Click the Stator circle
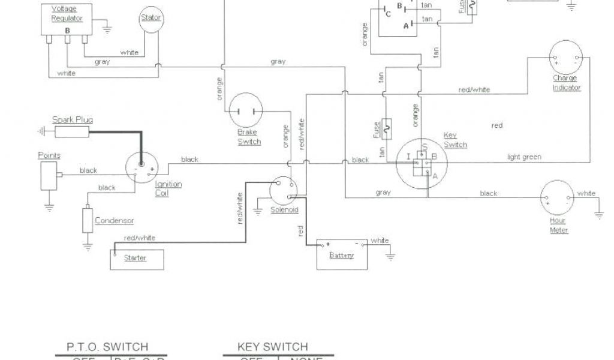151,20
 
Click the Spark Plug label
72,120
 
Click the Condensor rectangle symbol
88,221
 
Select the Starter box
136,257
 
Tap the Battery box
341,255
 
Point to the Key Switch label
455,140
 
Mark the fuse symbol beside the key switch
387,127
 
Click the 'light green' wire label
524,157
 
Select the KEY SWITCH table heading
272,347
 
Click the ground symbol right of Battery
391,256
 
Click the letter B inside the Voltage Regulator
67,29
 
